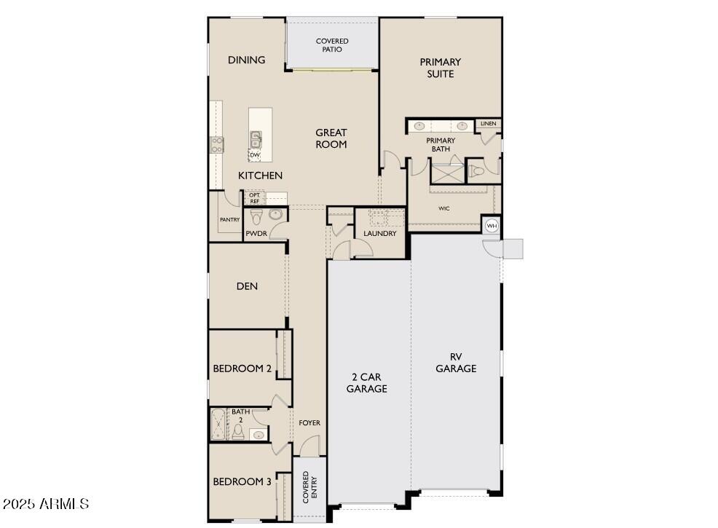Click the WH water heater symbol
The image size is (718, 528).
(x=492, y=225)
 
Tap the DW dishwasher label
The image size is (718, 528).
(x=255, y=155)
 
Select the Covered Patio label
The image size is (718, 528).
(x=332, y=45)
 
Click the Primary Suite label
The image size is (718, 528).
(x=440, y=68)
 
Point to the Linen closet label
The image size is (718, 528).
(x=489, y=124)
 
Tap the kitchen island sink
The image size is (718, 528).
(x=256, y=138)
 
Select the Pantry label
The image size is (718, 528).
(x=230, y=219)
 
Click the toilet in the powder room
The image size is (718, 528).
(x=256, y=218)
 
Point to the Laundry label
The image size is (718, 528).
(x=380, y=234)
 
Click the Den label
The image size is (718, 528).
(x=247, y=286)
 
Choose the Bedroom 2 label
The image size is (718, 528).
(x=242, y=369)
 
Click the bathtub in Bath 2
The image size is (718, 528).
(x=218, y=424)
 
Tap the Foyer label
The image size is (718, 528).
(x=309, y=422)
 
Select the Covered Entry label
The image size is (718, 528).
(x=310, y=486)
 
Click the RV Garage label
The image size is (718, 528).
(x=456, y=363)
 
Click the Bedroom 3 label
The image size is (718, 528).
(x=242, y=481)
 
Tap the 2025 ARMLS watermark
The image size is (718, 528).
(x=46, y=504)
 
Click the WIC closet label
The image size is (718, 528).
(x=443, y=208)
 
